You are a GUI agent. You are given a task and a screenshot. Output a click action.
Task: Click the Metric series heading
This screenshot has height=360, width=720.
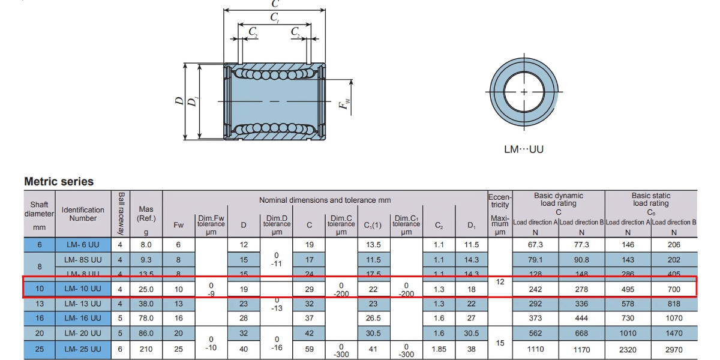click(x=59, y=181)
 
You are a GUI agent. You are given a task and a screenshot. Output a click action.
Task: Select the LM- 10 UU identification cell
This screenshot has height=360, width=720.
click(x=83, y=289)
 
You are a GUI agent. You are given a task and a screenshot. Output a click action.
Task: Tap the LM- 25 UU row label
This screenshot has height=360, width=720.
click(x=83, y=349)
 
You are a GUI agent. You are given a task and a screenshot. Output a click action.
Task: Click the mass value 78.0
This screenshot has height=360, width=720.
click(x=146, y=319)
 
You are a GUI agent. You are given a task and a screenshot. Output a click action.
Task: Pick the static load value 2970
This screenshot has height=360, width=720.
click(x=674, y=349)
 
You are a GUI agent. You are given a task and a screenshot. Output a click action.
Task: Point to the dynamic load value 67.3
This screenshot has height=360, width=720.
click(x=535, y=245)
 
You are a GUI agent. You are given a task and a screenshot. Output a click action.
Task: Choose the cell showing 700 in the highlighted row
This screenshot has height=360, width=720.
click(x=674, y=289)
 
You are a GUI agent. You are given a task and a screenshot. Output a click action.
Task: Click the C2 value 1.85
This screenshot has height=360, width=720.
click(x=439, y=349)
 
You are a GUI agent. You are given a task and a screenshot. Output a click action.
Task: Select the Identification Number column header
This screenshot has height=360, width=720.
click(x=83, y=214)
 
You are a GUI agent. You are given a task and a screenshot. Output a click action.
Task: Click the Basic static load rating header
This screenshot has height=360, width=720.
click(x=651, y=203)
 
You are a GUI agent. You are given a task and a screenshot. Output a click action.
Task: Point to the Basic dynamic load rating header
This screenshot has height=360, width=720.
click(x=558, y=203)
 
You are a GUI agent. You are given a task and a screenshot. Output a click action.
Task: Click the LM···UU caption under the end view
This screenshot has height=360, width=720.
click(x=523, y=149)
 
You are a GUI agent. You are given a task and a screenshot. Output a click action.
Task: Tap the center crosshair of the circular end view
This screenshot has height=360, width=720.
click(x=524, y=92)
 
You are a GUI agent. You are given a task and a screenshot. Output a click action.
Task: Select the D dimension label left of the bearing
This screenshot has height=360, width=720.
click(x=179, y=101)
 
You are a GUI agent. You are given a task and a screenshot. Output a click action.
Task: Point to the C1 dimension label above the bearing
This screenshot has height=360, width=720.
click(x=275, y=18)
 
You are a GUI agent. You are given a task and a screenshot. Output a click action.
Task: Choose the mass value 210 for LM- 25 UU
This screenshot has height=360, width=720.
click(x=146, y=349)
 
